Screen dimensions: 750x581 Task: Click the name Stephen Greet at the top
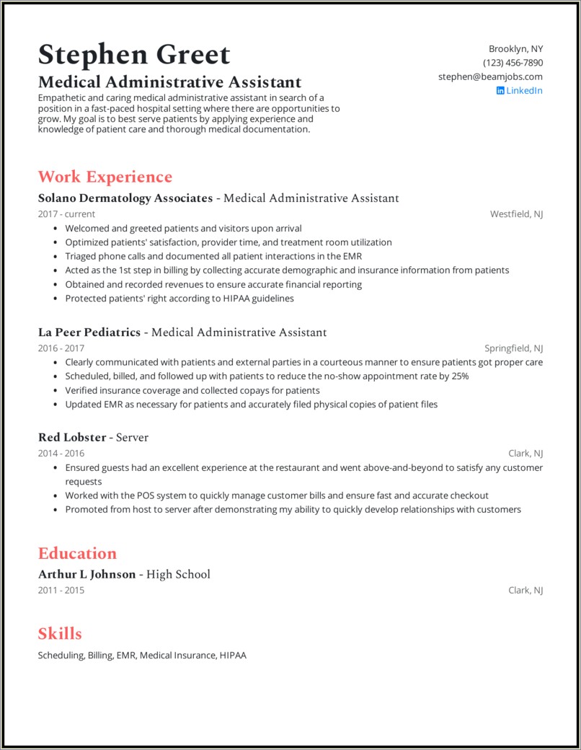coord(134,55)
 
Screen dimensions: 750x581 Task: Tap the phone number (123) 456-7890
coord(513,63)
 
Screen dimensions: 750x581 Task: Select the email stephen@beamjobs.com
coord(490,76)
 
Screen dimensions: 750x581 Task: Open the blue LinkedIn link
coord(524,90)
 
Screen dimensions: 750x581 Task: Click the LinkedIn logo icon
coord(500,90)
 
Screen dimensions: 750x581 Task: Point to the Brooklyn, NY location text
coord(515,49)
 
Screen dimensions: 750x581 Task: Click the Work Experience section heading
coord(105,177)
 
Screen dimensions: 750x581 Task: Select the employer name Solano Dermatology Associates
coord(125,198)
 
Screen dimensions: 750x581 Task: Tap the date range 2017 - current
coord(66,214)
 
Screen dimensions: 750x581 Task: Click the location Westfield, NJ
coord(516,214)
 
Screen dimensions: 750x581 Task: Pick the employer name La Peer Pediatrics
coord(89,332)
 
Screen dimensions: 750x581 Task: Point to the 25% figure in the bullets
coord(459,376)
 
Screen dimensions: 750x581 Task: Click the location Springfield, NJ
coord(513,348)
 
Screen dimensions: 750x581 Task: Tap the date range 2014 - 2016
coord(61,454)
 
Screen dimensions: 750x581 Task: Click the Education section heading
coord(77,553)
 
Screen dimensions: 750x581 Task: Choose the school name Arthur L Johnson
coord(87,574)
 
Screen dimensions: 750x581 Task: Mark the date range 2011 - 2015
coord(61,590)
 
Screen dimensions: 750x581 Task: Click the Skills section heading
coord(60,634)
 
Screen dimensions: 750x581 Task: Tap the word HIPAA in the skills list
coord(234,656)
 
